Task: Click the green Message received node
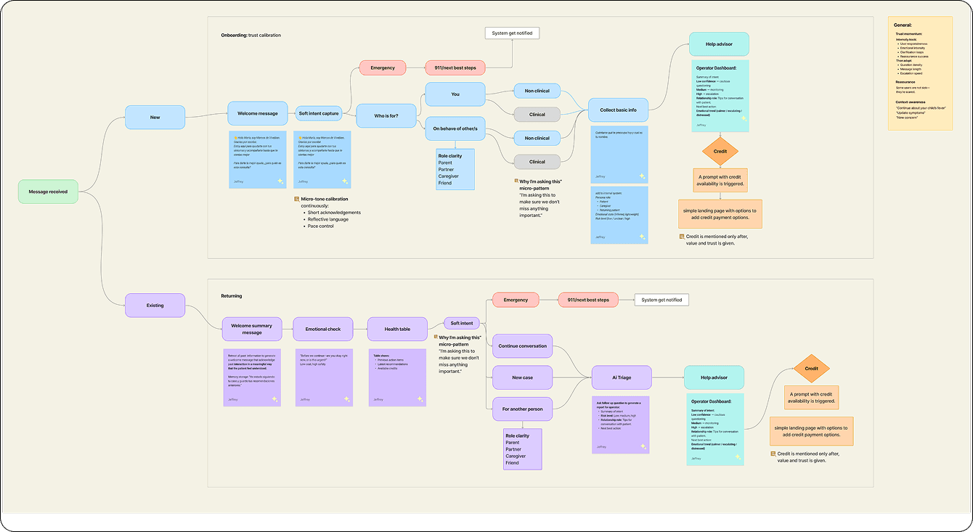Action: (48, 192)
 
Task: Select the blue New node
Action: (155, 117)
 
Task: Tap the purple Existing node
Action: (155, 306)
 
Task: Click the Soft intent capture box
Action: (319, 113)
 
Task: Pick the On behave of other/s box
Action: (455, 128)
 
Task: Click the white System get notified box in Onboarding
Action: (512, 33)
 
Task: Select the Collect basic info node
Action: (618, 110)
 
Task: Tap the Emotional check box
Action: (323, 329)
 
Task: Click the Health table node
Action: (397, 329)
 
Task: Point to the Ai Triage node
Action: (622, 377)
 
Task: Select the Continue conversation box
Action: (522, 346)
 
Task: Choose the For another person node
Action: (522, 409)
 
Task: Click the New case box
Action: (522, 377)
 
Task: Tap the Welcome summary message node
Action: (251, 329)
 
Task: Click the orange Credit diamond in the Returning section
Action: (811, 369)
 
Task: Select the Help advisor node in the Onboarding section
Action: (718, 44)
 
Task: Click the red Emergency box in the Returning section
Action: (516, 300)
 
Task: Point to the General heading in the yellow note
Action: (903, 25)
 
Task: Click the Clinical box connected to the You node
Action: (537, 114)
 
